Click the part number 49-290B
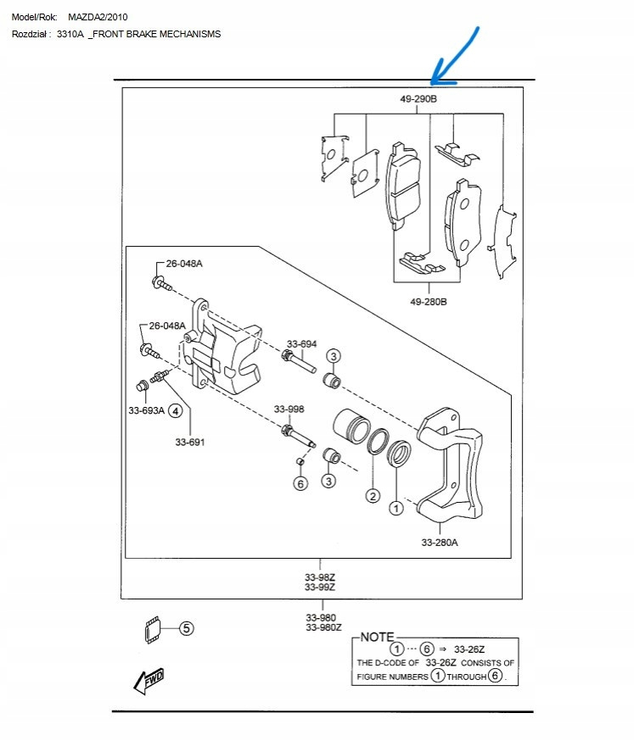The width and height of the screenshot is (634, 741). pyautogui.click(x=418, y=99)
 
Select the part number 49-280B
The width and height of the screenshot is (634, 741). pyautogui.click(x=428, y=302)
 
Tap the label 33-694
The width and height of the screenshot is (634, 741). pyautogui.click(x=301, y=344)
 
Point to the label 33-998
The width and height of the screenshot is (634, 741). pyautogui.click(x=289, y=409)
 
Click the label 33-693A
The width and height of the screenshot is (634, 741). pyautogui.click(x=147, y=411)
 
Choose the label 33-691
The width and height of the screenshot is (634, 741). pyautogui.click(x=190, y=442)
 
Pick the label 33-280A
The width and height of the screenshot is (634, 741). pyautogui.click(x=440, y=543)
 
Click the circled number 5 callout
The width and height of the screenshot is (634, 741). pyautogui.click(x=186, y=628)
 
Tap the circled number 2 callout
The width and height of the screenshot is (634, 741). pyautogui.click(x=372, y=495)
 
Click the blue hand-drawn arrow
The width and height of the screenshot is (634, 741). pyautogui.click(x=457, y=58)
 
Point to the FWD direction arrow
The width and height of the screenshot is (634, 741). pyautogui.click(x=149, y=679)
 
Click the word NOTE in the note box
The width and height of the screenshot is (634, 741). pyautogui.click(x=378, y=636)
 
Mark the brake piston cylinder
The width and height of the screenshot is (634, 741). pyautogui.click(x=348, y=427)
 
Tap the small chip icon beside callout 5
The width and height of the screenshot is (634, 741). pyautogui.click(x=154, y=629)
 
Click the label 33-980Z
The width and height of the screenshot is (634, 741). pyautogui.click(x=324, y=627)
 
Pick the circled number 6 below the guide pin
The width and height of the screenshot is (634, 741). pyautogui.click(x=300, y=483)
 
